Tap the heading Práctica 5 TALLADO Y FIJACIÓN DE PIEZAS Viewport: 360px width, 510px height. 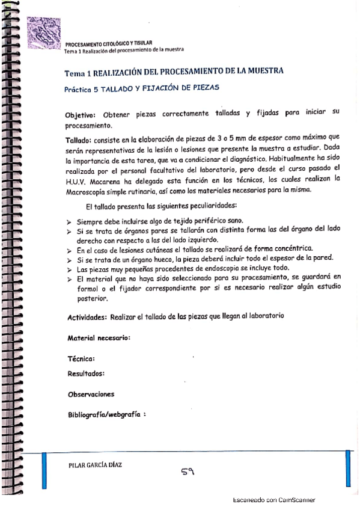142,87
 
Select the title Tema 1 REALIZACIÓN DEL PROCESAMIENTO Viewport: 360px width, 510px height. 174,72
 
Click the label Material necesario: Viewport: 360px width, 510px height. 99,338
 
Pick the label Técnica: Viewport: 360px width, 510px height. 81,359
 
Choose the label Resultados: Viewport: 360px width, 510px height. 86,373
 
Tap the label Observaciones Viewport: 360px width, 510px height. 91,395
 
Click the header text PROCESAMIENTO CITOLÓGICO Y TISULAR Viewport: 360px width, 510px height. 108,44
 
